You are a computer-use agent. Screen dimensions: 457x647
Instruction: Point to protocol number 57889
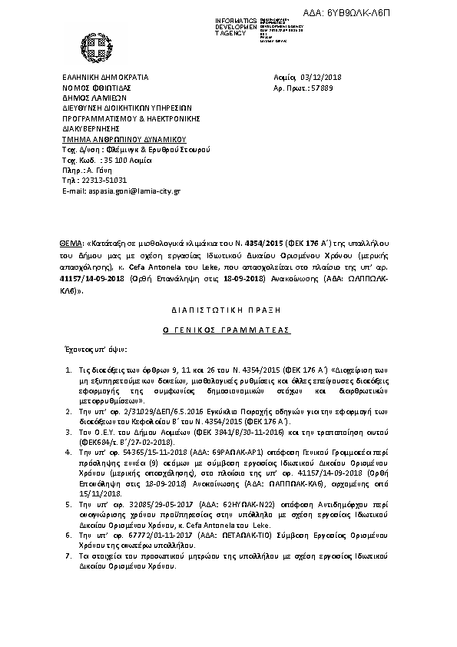click(x=319, y=88)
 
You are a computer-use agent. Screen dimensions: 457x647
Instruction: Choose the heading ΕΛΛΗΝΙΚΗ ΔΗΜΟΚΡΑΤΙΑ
click(x=104, y=78)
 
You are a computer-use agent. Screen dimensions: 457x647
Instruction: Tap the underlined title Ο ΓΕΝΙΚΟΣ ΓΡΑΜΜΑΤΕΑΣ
click(x=228, y=327)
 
